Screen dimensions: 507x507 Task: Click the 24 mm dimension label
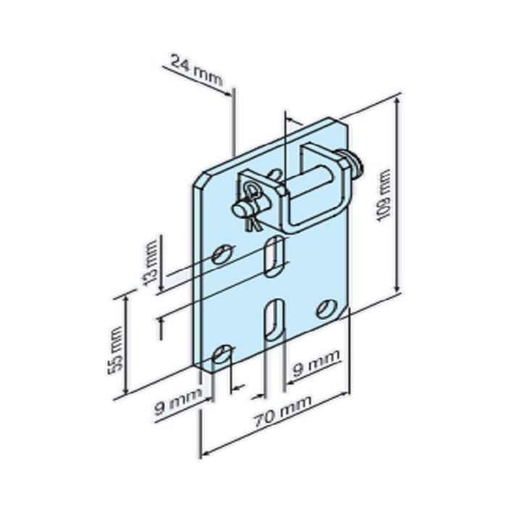[198, 72]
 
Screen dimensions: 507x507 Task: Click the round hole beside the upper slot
[224, 253]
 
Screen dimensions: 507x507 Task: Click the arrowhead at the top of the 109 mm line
[397, 103]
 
